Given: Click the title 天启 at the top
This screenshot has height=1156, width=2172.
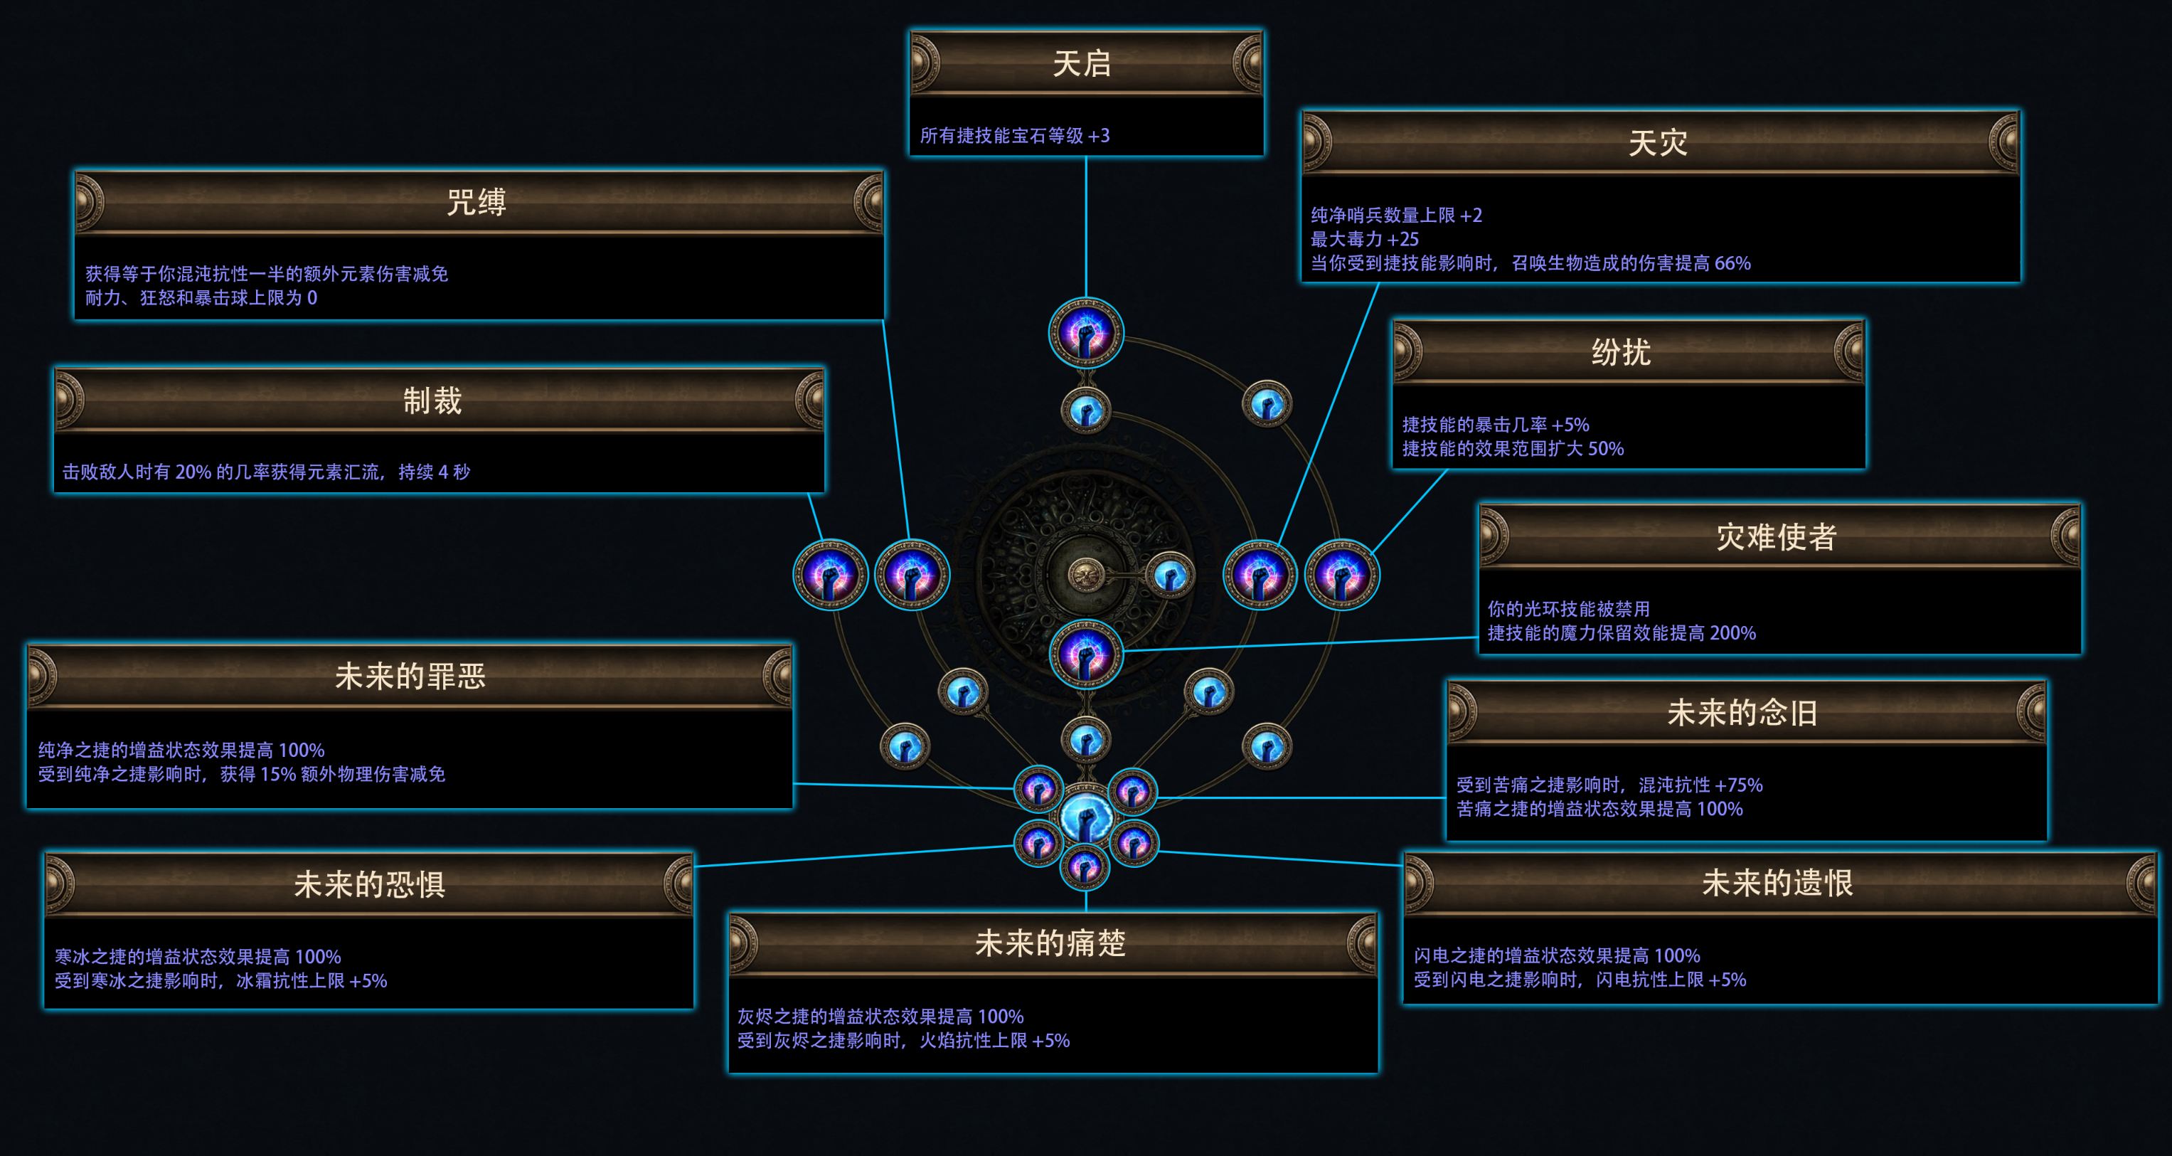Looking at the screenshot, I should (x=1082, y=64).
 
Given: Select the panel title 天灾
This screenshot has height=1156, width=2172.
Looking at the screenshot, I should (x=1658, y=142).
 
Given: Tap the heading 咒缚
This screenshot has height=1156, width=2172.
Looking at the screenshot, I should (x=477, y=202).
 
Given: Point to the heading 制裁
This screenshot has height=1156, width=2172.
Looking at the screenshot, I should (x=432, y=401).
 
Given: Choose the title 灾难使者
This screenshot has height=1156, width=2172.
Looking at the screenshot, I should (x=1777, y=537).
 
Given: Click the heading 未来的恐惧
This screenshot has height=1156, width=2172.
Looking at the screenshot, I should (x=369, y=884).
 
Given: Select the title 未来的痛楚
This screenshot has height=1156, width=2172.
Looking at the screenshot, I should (x=1050, y=943).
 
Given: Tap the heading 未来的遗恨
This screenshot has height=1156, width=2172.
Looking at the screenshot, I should (x=1777, y=884).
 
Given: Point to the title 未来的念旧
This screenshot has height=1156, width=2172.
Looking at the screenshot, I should (x=1742, y=714).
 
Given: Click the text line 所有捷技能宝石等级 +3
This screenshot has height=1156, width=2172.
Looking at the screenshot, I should (x=1014, y=136).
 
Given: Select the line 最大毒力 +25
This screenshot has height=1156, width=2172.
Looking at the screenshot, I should (x=1364, y=240).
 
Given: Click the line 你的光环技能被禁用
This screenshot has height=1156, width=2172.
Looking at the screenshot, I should (x=1568, y=609).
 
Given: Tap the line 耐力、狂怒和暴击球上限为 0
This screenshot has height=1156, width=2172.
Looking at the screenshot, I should (x=201, y=297).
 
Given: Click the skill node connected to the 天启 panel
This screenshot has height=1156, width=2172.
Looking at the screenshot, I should (x=1086, y=333).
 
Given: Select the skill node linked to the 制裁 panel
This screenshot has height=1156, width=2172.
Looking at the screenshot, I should (x=831, y=575).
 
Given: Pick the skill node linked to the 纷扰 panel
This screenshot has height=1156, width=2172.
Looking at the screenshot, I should (x=1341, y=575).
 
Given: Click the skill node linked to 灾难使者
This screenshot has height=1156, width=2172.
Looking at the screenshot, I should (x=1086, y=654).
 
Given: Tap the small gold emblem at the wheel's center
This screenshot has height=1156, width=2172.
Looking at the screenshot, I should (x=1085, y=575).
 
